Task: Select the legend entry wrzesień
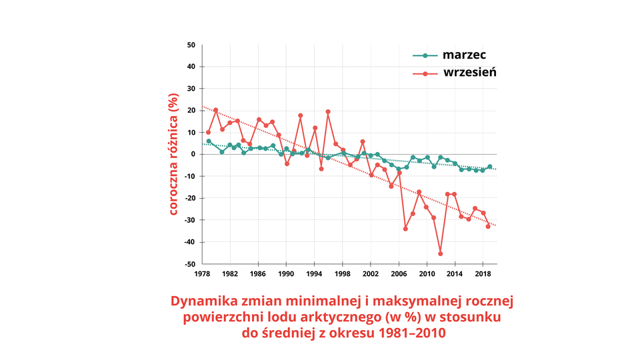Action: (469, 72)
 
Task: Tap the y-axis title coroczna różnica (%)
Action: (173, 155)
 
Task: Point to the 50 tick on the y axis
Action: (191, 45)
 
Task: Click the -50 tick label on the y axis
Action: (189, 264)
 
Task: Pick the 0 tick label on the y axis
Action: (193, 155)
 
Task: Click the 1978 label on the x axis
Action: (202, 274)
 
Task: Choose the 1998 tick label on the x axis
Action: (342, 274)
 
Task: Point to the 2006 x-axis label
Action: (399, 274)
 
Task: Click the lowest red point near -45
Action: (441, 253)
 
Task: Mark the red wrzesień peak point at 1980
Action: (215, 110)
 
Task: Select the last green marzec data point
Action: (490, 167)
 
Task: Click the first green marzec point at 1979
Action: (209, 141)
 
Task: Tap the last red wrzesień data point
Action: (488, 227)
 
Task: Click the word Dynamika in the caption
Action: (202, 301)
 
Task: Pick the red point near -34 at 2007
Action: (405, 229)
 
